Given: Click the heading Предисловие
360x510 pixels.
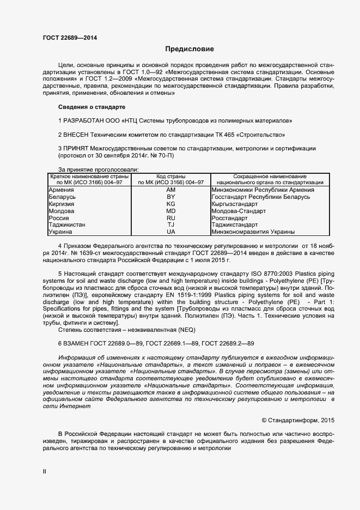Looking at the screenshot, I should [190, 49].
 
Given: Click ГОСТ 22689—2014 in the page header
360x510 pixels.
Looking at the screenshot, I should [70, 38].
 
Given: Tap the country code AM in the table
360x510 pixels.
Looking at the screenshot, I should [170, 190].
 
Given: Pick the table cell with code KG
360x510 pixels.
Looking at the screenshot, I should [170, 203].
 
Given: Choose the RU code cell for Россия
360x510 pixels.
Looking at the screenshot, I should [170, 217].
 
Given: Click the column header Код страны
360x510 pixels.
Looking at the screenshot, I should [170, 177].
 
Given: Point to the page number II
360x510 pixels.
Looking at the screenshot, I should [45, 471].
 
